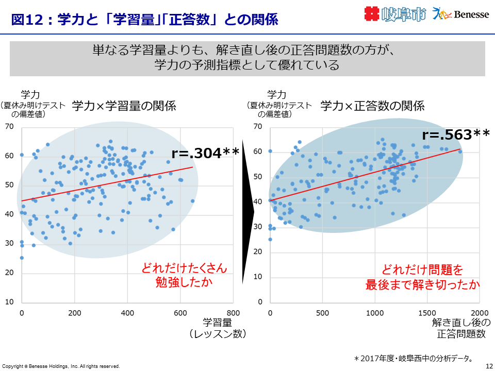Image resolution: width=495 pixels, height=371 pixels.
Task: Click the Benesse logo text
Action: coord(471,14)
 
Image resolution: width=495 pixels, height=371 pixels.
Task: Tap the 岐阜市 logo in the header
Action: coord(395,14)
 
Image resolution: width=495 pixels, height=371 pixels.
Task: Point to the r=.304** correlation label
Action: coord(205,153)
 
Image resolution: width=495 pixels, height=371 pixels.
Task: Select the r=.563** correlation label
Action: coord(456,134)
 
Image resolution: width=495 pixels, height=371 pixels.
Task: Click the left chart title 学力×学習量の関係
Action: coord(124,106)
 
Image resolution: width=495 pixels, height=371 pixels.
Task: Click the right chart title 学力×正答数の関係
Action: coord(372,106)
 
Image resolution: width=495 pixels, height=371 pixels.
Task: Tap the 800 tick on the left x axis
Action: coord(234,313)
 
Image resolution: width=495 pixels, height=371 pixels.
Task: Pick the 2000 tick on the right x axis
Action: coord(480,313)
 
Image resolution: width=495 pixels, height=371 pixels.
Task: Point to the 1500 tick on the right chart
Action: coord(427,313)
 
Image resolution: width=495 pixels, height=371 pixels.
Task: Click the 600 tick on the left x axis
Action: coord(180,313)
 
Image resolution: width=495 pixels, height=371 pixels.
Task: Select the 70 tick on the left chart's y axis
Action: coord(9,126)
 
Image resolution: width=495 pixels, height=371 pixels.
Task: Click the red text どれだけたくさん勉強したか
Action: coord(184,276)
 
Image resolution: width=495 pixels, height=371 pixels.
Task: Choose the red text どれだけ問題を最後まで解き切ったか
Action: coord(423,277)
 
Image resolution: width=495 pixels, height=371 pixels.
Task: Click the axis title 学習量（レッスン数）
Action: coord(217,328)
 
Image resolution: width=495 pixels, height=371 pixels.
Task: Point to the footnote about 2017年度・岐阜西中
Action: coord(413,358)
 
